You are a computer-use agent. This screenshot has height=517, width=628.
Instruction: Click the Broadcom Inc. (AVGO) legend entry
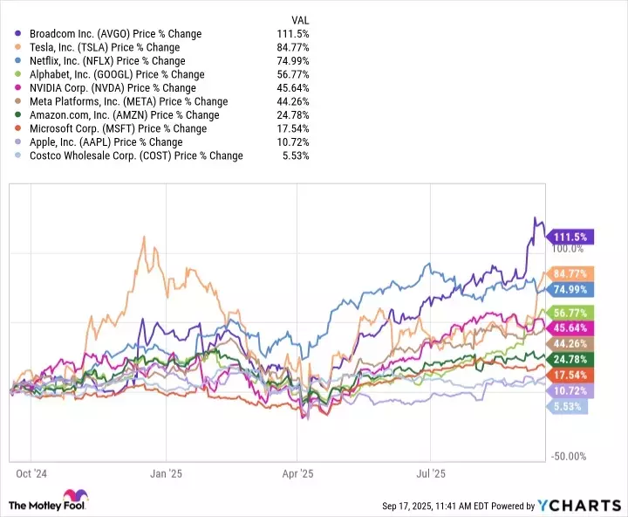[109, 34]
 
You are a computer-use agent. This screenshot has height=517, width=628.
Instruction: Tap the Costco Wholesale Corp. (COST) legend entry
[130, 155]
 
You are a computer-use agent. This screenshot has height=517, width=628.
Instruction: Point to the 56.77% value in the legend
[291, 74]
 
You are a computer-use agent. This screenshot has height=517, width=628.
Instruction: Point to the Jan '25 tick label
[166, 473]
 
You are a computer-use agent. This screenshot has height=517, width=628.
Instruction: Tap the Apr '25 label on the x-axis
[297, 473]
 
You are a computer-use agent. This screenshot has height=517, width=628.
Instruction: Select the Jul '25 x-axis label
[430, 473]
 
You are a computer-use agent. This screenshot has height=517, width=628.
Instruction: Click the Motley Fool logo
[52, 504]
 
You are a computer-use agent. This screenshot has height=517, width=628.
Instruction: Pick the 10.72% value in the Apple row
[291, 142]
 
